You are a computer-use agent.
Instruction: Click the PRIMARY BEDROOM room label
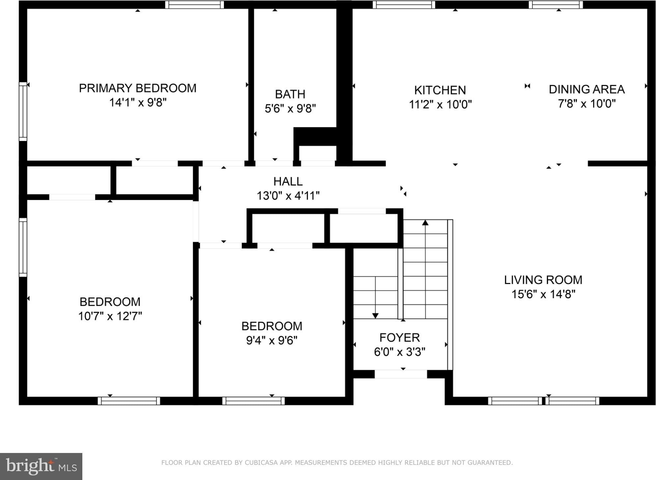tap(138, 88)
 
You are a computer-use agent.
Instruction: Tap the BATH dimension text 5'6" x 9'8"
tap(290, 108)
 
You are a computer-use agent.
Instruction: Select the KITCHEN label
tap(440, 90)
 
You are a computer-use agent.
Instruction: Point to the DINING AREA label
tap(587, 89)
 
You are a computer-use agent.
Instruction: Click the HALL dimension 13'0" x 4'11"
tap(288, 196)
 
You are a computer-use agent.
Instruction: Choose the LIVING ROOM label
tap(543, 280)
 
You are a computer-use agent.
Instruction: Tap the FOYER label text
tap(399, 338)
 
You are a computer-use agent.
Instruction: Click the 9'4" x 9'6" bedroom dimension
tap(272, 340)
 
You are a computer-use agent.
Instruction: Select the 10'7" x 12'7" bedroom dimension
tap(110, 316)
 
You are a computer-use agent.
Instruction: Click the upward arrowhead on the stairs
tap(425, 223)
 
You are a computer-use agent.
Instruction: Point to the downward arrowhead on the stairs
tap(375, 316)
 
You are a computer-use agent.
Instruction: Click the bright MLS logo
tap(41, 466)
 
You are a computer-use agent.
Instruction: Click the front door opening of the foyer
tap(401, 374)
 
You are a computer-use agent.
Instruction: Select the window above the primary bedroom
tap(194, 5)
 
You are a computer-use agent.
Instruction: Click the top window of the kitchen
tap(404, 5)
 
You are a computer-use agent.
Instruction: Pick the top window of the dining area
tap(556, 5)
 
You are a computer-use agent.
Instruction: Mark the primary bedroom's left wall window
tap(23, 111)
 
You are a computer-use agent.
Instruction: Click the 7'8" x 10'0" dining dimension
tap(587, 103)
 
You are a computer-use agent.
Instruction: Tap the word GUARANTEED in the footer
tap(490, 463)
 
